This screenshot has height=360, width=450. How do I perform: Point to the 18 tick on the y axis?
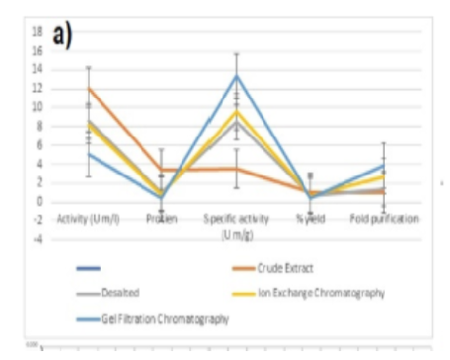[36, 31]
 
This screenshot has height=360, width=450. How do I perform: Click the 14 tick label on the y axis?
[36, 69]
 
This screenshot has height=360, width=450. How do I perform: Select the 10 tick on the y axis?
[36, 107]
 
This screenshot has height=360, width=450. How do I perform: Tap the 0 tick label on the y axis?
[38, 202]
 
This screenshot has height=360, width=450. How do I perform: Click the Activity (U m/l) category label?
[88, 217]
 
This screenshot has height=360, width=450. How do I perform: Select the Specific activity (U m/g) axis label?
[235, 223]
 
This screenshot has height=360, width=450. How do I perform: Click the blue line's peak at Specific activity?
[236, 75]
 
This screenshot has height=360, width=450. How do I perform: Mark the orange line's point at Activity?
[89, 88]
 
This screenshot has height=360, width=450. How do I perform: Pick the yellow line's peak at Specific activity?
[236, 111]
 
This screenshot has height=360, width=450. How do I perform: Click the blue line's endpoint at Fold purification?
[383, 166]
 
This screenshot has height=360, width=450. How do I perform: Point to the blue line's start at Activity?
[89, 153]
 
